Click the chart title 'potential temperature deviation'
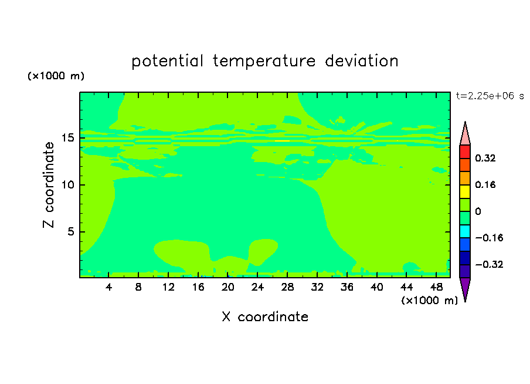264,61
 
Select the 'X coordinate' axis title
265,317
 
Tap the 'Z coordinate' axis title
49,185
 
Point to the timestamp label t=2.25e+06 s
490,96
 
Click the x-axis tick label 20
227,288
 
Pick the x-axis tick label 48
436,288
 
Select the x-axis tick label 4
108,288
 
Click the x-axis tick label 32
317,288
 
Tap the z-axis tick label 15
68,138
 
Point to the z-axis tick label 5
71,231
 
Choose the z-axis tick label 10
68,185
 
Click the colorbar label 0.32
485,158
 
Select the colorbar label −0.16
489,238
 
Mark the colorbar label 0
478,211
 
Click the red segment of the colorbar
465,151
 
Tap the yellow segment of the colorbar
465,191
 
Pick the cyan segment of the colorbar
465,231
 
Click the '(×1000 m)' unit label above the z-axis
56,76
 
